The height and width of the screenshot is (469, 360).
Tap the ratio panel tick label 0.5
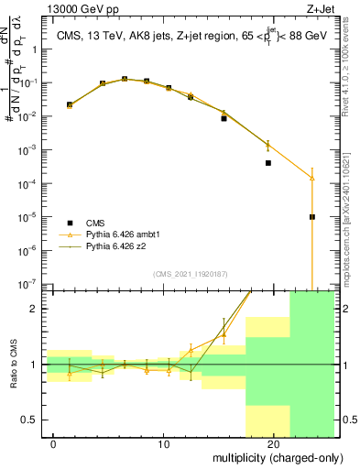[x=32, y=420]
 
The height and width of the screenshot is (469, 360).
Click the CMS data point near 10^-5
[x=312, y=217]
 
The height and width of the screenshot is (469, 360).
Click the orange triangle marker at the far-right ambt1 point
[x=312, y=178]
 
